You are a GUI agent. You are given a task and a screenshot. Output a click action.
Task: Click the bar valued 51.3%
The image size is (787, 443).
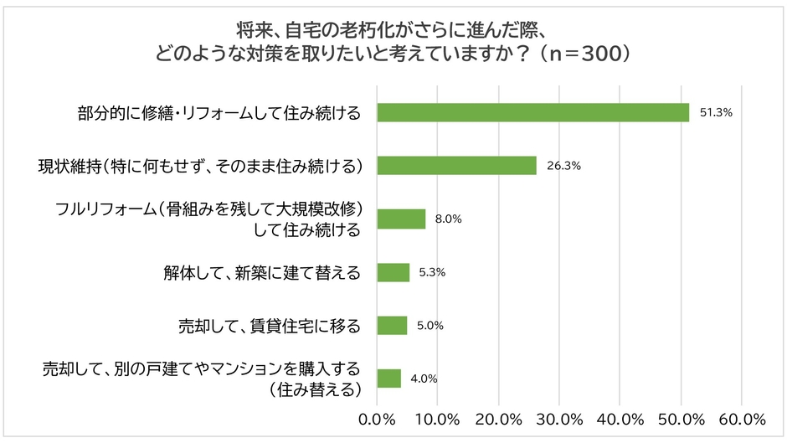(x=532, y=112)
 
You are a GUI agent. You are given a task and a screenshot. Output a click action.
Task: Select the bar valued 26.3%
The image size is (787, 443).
(x=456, y=166)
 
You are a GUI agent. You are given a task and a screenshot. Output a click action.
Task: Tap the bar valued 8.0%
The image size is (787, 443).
(x=401, y=219)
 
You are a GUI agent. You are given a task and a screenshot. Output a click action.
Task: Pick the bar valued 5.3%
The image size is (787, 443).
(x=393, y=272)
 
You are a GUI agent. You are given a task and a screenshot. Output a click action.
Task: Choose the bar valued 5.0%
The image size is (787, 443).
(x=392, y=325)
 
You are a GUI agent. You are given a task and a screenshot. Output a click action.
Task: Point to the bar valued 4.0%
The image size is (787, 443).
(x=389, y=379)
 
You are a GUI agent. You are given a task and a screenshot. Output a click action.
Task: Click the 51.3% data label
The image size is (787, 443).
(x=716, y=112)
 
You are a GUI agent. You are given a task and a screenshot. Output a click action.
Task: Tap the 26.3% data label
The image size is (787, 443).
(x=563, y=166)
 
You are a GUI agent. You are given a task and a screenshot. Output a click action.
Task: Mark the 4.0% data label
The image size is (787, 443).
(x=424, y=379)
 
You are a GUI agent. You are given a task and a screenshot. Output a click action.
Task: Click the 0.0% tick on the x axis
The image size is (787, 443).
(x=377, y=418)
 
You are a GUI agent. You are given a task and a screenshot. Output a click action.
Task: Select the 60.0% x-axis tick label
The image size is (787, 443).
(x=742, y=418)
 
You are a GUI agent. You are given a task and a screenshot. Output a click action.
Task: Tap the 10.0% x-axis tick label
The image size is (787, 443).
(x=438, y=418)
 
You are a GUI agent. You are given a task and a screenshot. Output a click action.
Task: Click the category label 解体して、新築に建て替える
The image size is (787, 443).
(x=261, y=272)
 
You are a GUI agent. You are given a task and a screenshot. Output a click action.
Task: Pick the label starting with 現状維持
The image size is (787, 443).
(x=201, y=166)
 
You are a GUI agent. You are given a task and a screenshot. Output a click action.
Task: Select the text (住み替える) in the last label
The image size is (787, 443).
(x=315, y=389)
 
